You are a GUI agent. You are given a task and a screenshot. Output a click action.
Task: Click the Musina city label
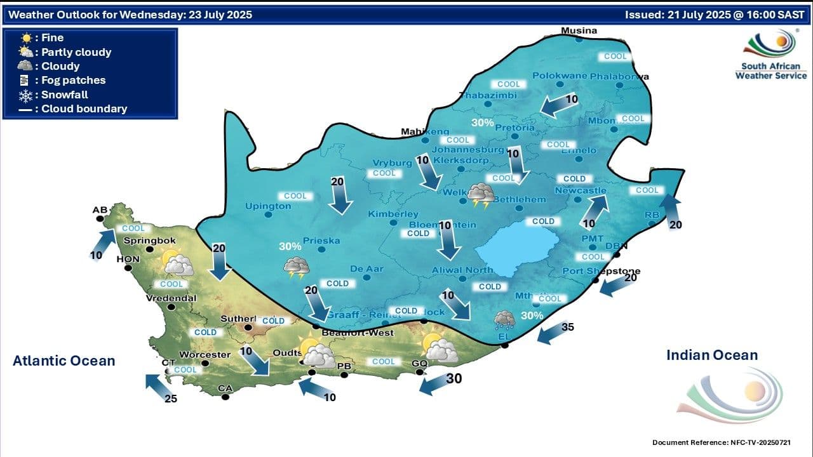point(579,30)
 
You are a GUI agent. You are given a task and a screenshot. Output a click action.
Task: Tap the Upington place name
point(267,206)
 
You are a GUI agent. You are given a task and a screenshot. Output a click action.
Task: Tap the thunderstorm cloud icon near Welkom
point(481,195)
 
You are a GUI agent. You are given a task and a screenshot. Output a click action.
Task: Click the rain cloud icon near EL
point(505,319)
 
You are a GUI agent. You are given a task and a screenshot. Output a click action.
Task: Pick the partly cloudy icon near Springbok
point(176,262)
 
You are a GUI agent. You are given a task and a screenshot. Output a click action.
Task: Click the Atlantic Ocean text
point(64,361)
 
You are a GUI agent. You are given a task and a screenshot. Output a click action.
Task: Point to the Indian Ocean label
point(711,355)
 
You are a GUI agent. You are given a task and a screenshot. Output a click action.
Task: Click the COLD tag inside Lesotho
point(543,222)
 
